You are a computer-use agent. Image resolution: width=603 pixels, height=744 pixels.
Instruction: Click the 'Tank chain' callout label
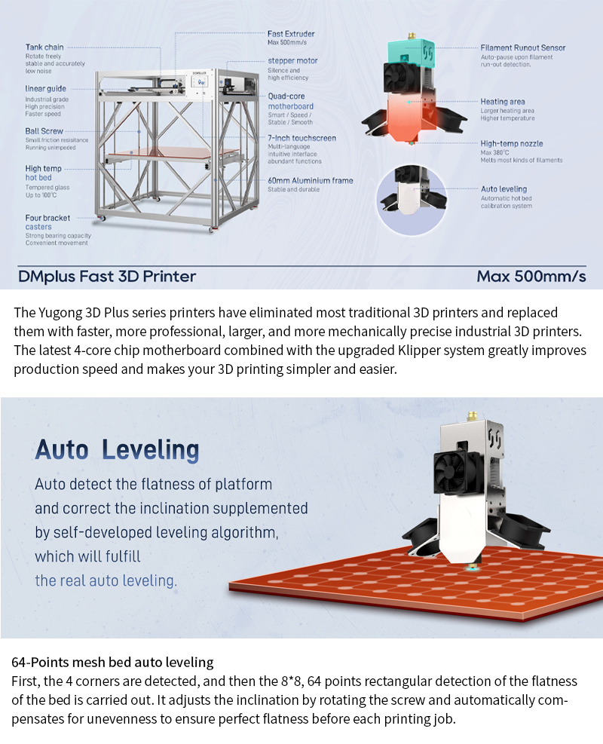(x=44, y=47)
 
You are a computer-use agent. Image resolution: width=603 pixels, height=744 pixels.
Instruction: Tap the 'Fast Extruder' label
(x=291, y=34)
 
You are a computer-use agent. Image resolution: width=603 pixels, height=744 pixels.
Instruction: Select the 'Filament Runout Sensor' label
(x=523, y=47)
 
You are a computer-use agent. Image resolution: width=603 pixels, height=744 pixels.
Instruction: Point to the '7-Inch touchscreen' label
(x=301, y=138)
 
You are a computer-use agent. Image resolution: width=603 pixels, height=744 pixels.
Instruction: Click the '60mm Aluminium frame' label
(x=311, y=180)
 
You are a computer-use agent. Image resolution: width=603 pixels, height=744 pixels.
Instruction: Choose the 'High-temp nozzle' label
(x=512, y=143)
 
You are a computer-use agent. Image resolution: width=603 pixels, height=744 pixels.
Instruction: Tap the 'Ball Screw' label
(x=44, y=131)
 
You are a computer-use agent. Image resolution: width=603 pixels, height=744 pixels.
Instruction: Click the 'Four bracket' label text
(x=47, y=218)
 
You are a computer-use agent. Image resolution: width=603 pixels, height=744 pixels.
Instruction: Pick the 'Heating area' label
(x=503, y=102)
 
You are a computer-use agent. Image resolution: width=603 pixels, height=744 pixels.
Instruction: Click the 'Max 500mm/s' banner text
(x=531, y=276)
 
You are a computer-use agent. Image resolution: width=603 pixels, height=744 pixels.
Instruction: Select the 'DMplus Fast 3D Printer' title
(x=107, y=276)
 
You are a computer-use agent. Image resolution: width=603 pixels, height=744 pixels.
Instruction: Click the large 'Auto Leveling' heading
(x=117, y=450)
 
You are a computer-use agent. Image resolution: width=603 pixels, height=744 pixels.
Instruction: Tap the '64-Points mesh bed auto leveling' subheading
(x=112, y=662)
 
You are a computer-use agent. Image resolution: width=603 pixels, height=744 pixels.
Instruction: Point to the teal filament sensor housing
(x=412, y=51)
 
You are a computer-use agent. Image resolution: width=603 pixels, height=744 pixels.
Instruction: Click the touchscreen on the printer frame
(x=202, y=82)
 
